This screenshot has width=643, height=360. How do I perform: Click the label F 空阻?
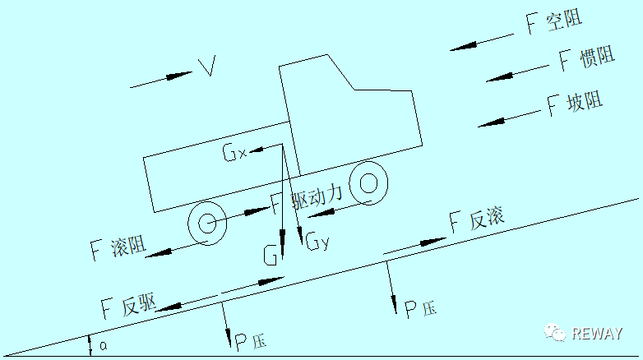[x=554, y=21]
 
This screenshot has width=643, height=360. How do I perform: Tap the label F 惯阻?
[x=587, y=58]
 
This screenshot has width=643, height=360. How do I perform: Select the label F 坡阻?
[x=575, y=104]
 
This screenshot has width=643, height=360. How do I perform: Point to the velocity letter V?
[x=207, y=67]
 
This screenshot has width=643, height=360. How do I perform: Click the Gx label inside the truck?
[x=235, y=152]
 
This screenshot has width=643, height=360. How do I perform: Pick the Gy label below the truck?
[x=317, y=241]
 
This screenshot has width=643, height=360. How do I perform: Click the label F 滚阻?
[x=118, y=247]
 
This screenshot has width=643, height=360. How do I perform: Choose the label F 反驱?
[x=129, y=306]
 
